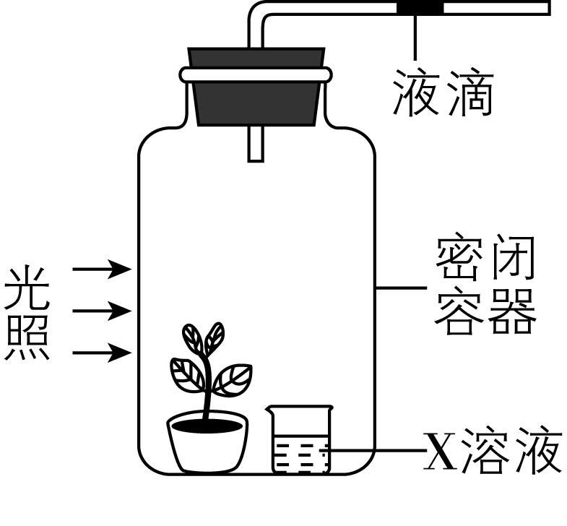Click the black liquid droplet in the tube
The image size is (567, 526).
click(x=420, y=8)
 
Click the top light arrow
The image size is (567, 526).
click(x=102, y=270)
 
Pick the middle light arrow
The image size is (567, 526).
click(x=102, y=311)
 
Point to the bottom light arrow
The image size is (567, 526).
click(x=102, y=353)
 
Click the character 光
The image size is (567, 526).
click(x=27, y=288)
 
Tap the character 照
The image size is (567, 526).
click(x=27, y=337)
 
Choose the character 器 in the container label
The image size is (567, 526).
click(x=514, y=312)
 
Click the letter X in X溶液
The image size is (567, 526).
click(x=440, y=452)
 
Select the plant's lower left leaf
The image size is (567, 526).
click(x=186, y=371)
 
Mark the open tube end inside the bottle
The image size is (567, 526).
click(x=256, y=158)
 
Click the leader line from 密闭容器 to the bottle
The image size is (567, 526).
click(x=402, y=288)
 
